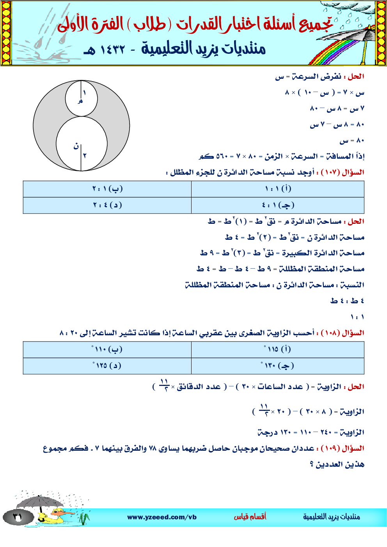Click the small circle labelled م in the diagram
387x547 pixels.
point(81,99)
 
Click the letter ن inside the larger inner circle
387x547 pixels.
point(76,147)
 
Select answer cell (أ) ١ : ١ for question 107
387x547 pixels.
point(278,189)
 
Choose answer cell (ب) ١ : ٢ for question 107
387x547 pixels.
point(107,189)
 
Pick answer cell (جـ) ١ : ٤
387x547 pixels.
point(278,205)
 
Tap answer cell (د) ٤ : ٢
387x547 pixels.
point(107,205)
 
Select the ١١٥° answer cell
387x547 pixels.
point(278,349)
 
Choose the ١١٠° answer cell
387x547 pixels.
point(107,349)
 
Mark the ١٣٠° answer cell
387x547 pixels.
point(278,366)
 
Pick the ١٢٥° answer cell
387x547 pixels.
point(107,366)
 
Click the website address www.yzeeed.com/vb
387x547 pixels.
point(162,517)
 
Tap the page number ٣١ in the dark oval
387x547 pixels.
point(18,517)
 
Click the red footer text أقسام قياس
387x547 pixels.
point(250,517)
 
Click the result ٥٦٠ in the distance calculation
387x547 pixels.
point(222,156)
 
